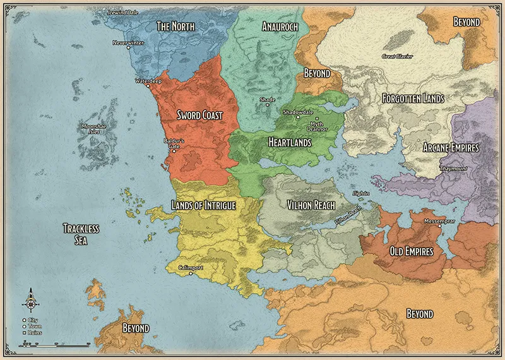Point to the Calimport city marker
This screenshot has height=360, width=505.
coord(190,274)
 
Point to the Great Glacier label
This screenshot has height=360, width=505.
coord(397,56)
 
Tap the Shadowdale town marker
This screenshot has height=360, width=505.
coord(299,117)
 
